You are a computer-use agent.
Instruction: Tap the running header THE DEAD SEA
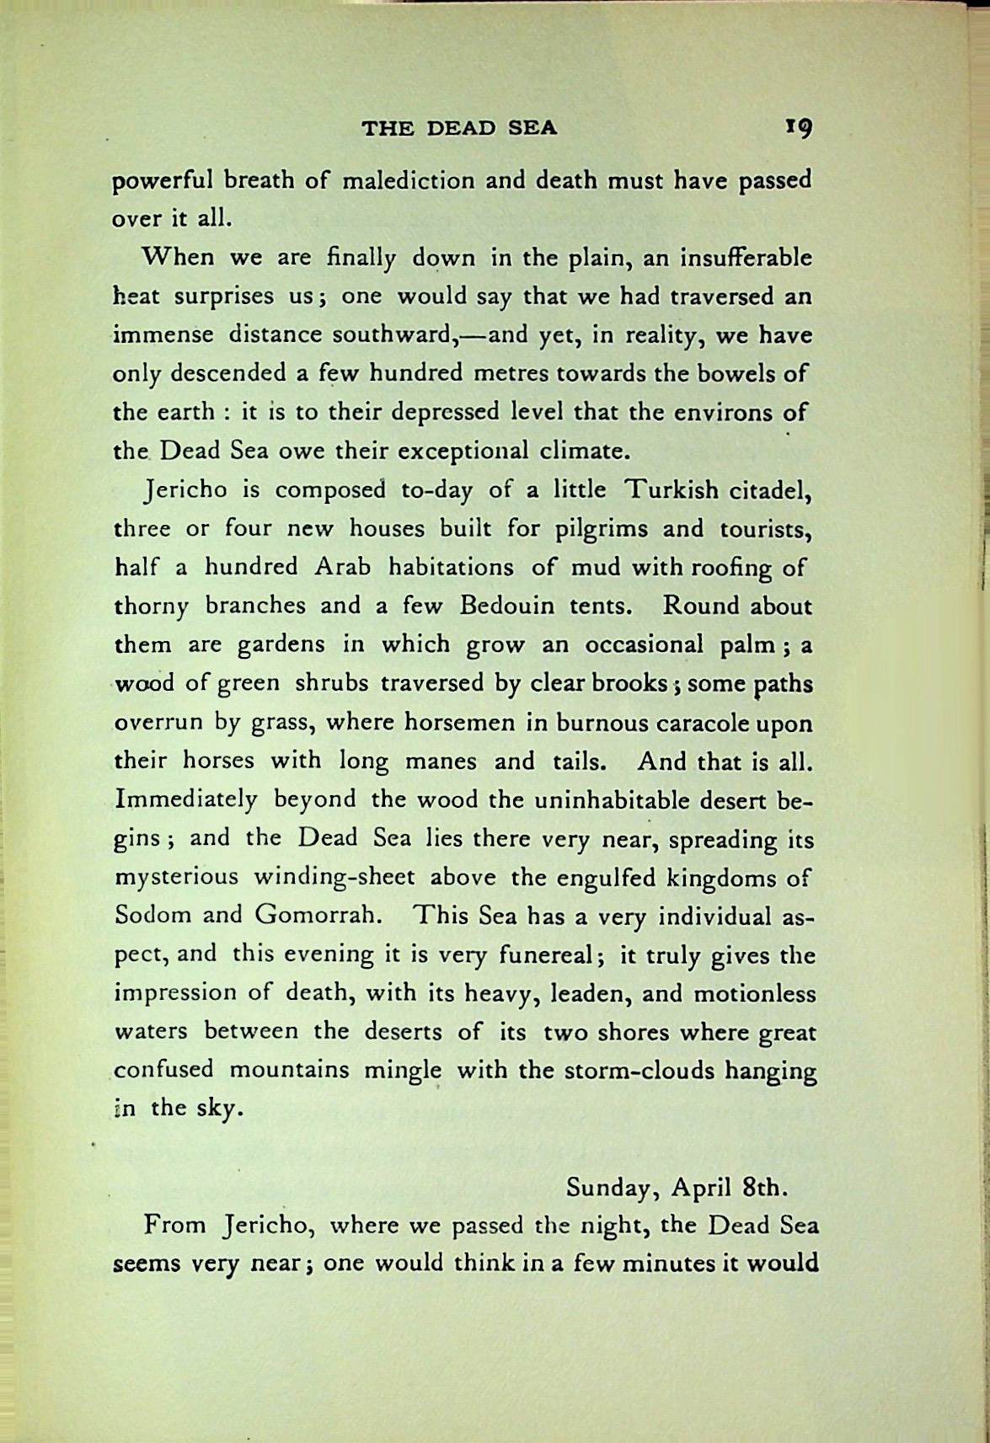click(x=459, y=129)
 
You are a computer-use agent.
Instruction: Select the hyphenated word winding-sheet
click(x=334, y=877)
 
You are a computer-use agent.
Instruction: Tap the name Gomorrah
click(x=314, y=915)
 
